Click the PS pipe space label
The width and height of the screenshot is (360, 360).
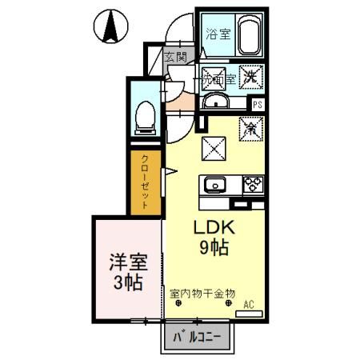(x=257, y=104)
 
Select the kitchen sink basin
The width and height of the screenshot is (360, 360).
(x=215, y=186)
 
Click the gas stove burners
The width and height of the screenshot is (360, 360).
(x=254, y=186)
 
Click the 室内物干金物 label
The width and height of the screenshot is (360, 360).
(x=202, y=293)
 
